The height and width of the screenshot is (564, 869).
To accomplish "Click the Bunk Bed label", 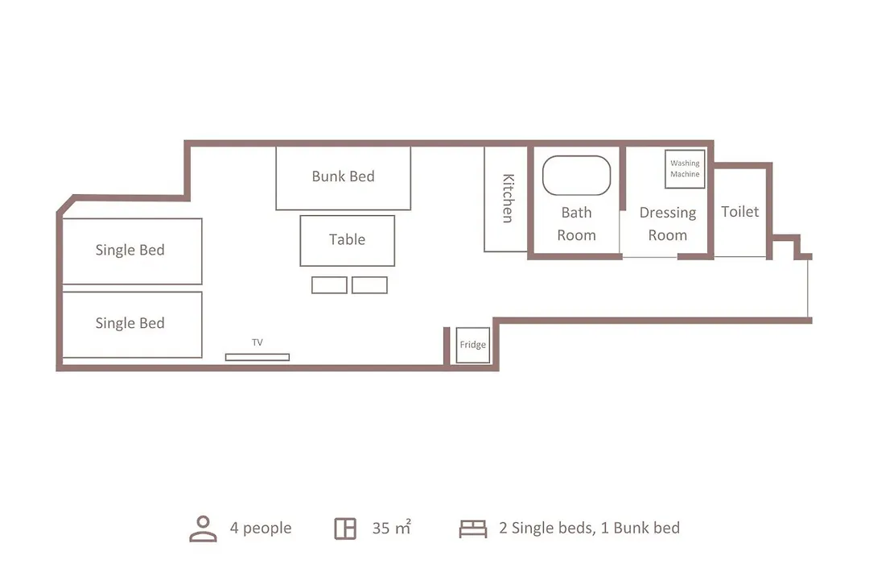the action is pyautogui.click(x=343, y=176).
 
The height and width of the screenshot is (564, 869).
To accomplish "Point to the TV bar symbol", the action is pyautogui.click(x=257, y=357).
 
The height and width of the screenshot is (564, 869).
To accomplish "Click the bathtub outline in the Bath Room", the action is pyautogui.click(x=576, y=156).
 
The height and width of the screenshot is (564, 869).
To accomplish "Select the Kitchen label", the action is pyautogui.click(x=508, y=198).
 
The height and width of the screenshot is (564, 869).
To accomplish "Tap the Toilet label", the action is pyautogui.click(x=740, y=211).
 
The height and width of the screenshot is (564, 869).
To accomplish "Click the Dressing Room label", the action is pyautogui.click(x=668, y=224).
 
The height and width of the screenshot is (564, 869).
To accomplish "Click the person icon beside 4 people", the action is pyautogui.click(x=203, y=529).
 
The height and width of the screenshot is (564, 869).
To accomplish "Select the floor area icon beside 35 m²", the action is pyautogui.click(x=345, y=529).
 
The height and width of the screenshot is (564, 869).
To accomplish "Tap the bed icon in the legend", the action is pyautogui.click(x=473, y=529).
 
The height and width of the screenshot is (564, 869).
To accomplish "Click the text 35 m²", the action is pyautogui.click(x=391, y=528).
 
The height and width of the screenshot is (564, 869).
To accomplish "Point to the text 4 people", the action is pyautogui.click(x=261, y=528).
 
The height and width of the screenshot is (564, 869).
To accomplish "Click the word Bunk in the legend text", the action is pyautogui.click(x=628, y=528).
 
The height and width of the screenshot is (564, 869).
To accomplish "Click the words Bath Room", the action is pyautogui.click(x=576, y=224).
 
